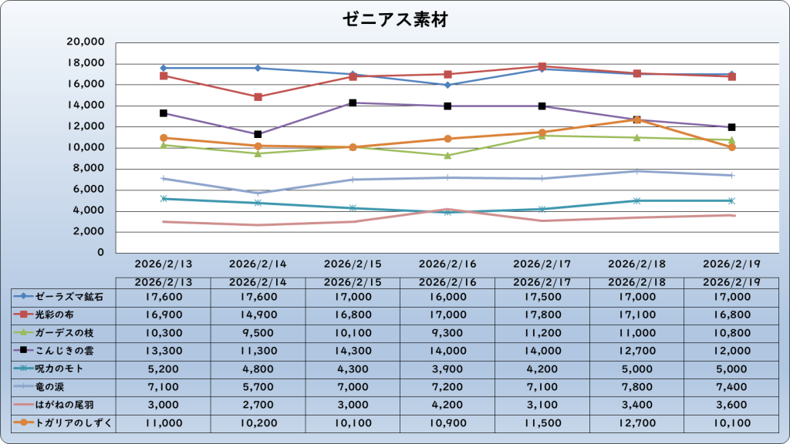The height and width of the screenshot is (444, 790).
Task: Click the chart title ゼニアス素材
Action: click(x=394, y=20)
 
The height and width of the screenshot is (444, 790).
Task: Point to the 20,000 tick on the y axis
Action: click(x=86, y=42)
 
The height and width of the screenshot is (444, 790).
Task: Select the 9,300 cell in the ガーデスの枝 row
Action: click(x=447, y=332)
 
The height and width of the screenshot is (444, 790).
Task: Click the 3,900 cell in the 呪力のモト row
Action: click(x=447, y=368)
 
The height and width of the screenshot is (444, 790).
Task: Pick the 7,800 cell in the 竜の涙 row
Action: click(x=636, y=386)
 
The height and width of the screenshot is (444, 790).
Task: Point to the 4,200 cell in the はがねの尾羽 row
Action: click(x=447, y=404)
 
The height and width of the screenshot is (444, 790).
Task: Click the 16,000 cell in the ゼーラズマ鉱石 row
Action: click(x=447, y=296)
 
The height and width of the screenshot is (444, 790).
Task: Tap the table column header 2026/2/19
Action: click(x=731, y=282)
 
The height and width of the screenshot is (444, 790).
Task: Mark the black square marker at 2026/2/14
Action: click(x=258, y=134)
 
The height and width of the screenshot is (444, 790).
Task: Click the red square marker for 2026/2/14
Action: click(x=258, y=97)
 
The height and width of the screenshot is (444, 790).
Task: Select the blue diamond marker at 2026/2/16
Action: click(x=447, y=85)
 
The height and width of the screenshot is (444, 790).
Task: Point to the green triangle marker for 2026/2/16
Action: click(x=447, y=155)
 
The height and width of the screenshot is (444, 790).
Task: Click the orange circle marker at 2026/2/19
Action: click(x=731, y=147)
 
